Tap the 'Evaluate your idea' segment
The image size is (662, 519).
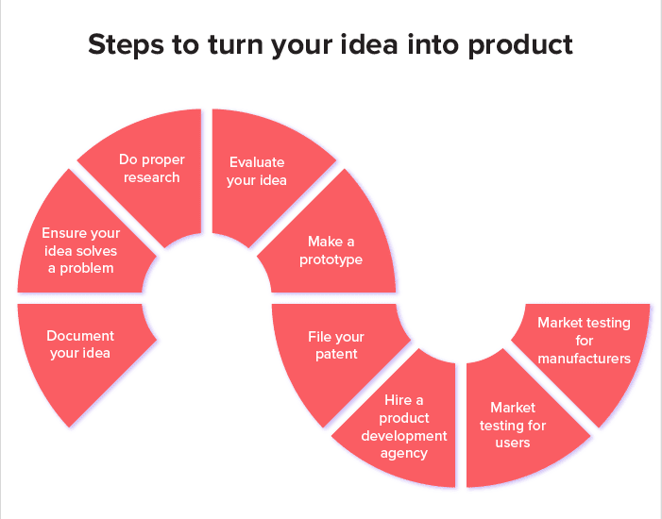pyautogui.click(x=257, y=172)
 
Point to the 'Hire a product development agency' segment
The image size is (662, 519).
pyautogui.click(x=403, y=427)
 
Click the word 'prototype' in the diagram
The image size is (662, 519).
pyautogui.click(x=331, y=259)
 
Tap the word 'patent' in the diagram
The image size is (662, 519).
pyautogui.click(x=336, y=355)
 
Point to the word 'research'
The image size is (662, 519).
pyautogui.click(x=151, y=177)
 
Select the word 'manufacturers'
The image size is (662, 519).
pyautogui.click(x=584, y=359)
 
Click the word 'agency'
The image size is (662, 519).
pyautogui.click(x=403, y=454)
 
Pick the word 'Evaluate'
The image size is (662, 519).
pyautogui.click(x=257, y=162)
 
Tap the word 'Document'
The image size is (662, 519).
pyautogui.click(x=80, y=336)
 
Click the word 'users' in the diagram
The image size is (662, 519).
pyautogui.click(x=513, y=443)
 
